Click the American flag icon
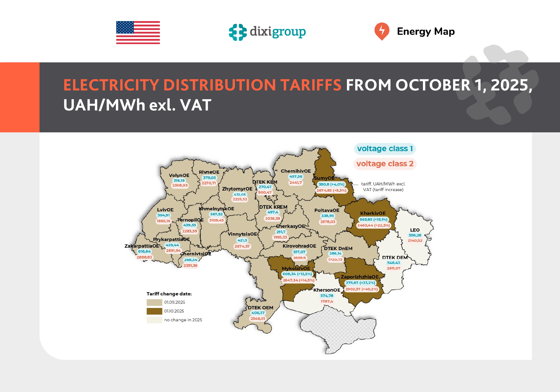[x=138, y=33]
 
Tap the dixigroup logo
[x=267, y=32]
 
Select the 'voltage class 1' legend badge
[x=385, y=149]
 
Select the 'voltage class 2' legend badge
[x=385, y=164]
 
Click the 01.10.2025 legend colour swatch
[x=154, y=311]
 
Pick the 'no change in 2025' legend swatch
[x=154, y=320]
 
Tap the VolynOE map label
[x=179, y=175]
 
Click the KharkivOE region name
[x=373, y=213]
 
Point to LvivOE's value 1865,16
[x=163, y=221]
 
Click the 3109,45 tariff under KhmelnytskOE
[x=216, y=220]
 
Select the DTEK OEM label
[x=260, y=308]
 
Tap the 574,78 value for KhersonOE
[x=327, y=296]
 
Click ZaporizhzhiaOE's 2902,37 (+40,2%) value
[x=361, y=289]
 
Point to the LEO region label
[x=415, y=230]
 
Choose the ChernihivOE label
[x=296, y=171]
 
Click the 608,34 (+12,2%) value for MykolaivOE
[x=297, y=274]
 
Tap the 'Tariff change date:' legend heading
[x=169, y=294]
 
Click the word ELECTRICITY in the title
[x=111, y=85]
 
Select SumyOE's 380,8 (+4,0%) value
[x=331, y=184]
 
